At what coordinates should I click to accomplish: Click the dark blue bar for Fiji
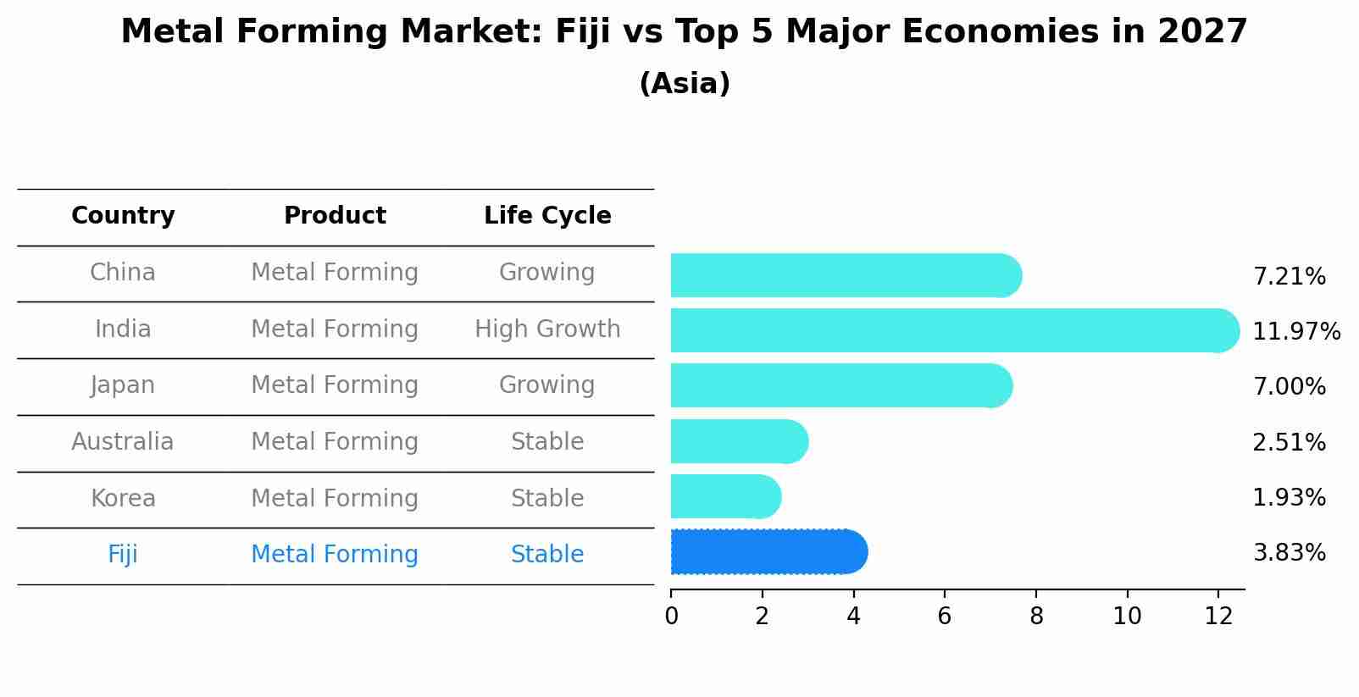click(x=767, y=552)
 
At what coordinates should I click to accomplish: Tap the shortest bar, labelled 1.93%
click(x=724, y=496)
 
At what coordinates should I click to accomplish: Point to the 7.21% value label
click(x=1289, y=277)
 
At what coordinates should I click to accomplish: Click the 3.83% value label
click(x=1289, y=553)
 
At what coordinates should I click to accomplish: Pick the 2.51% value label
click(x=1289, y=443)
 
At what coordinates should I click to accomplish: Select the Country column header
click(x=123, y=216)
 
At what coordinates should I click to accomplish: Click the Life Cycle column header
click(x=547, y=216)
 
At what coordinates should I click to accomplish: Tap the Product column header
click(x=335, y=216)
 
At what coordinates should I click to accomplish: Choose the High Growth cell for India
click(x=547, y=329)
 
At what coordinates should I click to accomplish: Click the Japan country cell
click(x=123, y=385)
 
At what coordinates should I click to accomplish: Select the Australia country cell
click(x=123, y=442)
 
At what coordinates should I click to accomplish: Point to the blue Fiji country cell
click(x=123, y=555)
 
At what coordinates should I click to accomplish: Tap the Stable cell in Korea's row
click(x=547, y=499)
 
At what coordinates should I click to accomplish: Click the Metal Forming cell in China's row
click(x=335, y=273)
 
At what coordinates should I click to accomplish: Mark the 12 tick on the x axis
click(x=1218, y=617)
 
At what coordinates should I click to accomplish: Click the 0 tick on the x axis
click(x=671, y=617)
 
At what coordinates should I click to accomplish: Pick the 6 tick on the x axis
click(x=945, y=617)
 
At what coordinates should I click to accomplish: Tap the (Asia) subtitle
click(x=685, y=84)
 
